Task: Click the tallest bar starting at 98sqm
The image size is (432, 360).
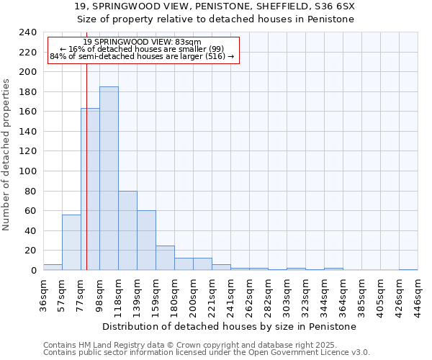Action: pos(109,179)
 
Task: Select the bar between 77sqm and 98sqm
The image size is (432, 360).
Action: pos(90,189)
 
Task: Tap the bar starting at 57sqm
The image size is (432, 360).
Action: pos(71,243)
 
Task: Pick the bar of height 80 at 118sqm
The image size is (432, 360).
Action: pos(127,230)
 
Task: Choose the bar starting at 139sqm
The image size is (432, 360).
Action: pos(146,240)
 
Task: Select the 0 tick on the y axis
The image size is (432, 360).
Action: pos(33,271)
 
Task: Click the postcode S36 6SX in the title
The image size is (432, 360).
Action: pos(336,6)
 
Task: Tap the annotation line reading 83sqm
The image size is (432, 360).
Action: pos(142,42)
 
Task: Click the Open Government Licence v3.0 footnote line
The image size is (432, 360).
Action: pos(207,352)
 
